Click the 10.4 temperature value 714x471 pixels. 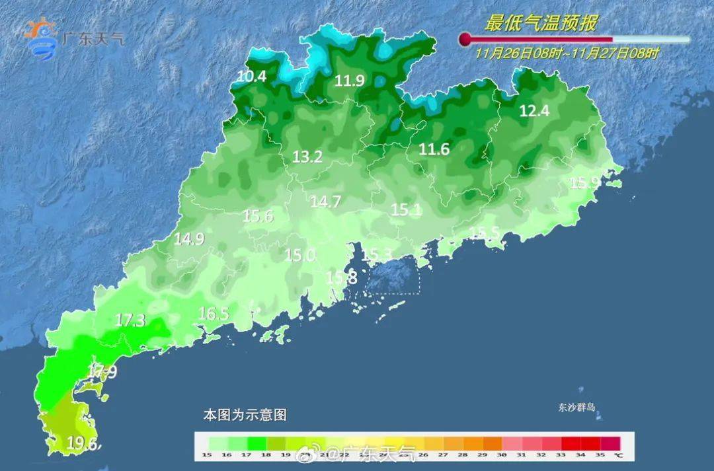252,77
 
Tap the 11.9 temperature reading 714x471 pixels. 350,81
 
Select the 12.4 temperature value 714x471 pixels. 534,111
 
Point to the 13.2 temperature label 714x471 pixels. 307,157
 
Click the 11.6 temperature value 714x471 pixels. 434,150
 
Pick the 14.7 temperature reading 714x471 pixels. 325,202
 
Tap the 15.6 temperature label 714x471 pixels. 258,215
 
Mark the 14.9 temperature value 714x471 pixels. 189,239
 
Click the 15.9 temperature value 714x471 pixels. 585,183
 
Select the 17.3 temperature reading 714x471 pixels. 130,320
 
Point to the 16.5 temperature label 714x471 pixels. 214,314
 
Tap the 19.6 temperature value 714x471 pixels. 83,444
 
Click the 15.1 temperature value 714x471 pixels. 406,210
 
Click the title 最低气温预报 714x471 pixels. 540,24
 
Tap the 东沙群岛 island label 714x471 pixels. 576,408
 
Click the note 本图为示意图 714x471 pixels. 245,416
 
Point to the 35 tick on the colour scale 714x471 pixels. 600,454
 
